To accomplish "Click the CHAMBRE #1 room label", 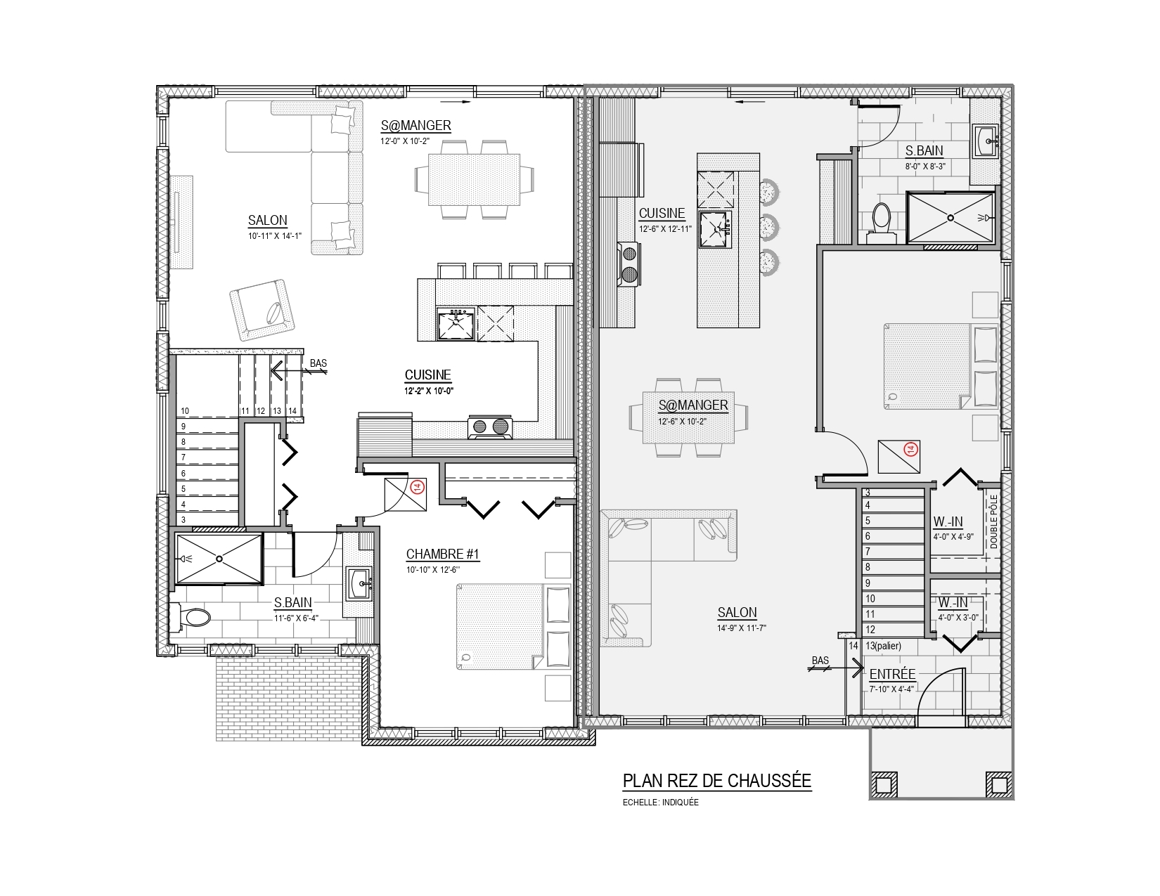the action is pyautogui.click(x=442, y=554).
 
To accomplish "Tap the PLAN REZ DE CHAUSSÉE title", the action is pyautogui.click(x=717, y=781).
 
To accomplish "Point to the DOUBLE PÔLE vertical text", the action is pyautogui.click(x=993, y=521).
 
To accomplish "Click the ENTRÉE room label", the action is pyautogui.click(x=892, y=674).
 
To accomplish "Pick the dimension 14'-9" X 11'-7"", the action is pyautogui.click(x=742, y=628).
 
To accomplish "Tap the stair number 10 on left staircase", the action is pyautogui.click(x=185, y=411).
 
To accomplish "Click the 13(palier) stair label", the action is pyautogui.click(x=883, y=646).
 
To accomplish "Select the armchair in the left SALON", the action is pyautogui.click(x=262, y=309).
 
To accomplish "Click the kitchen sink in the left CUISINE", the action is pyautogui.click(x=456, y=323).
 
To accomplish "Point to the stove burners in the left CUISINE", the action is pyautogui.click(x=490, y=427).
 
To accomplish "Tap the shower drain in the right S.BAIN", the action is pyautogui.click(x=950, y=218).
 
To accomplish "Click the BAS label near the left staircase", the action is pyautogui.click(x=318, y=363).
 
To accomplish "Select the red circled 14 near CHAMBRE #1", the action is pyautogui.click(x=418, y=487).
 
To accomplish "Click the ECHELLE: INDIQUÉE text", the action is pyautogui.click(x=660, y=802).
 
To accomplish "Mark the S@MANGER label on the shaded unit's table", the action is pyautogui.click(x=693, y=405).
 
